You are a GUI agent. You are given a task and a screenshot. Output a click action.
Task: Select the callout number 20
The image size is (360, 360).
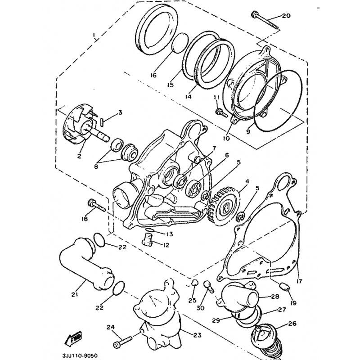(286, 16)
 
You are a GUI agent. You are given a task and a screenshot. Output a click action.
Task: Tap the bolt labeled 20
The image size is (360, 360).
(265, 20)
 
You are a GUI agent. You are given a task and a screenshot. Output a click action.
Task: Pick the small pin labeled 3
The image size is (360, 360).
(103, 121)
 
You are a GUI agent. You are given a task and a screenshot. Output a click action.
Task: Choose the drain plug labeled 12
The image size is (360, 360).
(147, 239)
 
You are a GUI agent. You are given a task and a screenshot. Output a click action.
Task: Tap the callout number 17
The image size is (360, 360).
(299, 281)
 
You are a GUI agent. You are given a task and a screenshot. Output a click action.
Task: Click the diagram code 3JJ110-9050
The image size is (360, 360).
(80, 355)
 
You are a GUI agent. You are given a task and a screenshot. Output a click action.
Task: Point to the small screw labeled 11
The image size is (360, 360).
(221, 113)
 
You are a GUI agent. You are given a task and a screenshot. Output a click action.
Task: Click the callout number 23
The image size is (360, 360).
(197, 335)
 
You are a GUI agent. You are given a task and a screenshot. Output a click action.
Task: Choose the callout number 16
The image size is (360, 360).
(153, 75)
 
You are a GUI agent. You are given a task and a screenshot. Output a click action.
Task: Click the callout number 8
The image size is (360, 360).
(96, 166)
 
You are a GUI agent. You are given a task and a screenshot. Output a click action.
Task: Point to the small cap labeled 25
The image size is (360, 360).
(194, 283)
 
